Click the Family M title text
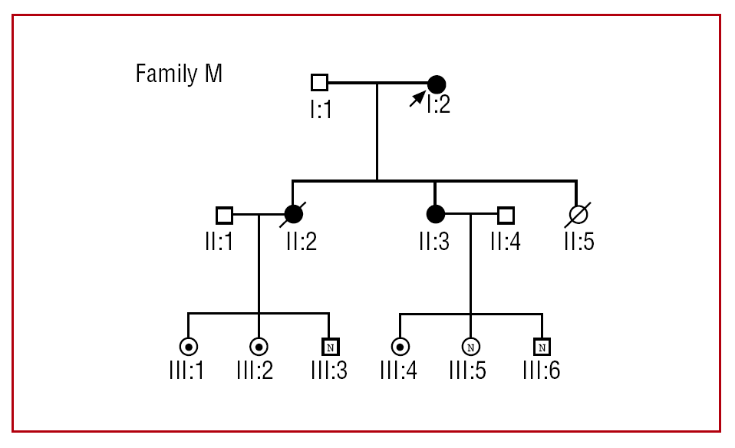pyautogui.click(x=179, y=74)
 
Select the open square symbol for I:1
pyautogui.click(x=319, y=83)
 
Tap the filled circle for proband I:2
pyautogui.click(x=436, y=83)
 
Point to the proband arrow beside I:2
pyautogui.click(x=417, y=97)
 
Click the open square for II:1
pyautogui.click(x=224, y=214)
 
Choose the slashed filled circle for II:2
pyautogui.click(x=293, y=214)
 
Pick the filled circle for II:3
pyautogui.click(x=435, y=214)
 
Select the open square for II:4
pyautogui.click(x=505, y=214)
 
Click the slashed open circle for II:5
pyautogui.click(x=576, y=214)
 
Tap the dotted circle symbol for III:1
pyautogui.click(x=187, y=346)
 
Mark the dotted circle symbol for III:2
pyautogui.click(x=258, y=346)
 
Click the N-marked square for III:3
pyautogui.click(x=329, y=346)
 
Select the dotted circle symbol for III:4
pyautogui.click(x=399, y=346)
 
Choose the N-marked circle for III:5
pyautogui.click(x=470, y=346)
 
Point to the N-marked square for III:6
pyautogui.click(x=542, y=346)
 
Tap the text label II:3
pyautogui.click(x=433, y=241)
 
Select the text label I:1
pyautogui.click(x=321, y=110)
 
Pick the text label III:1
pyautogui.click(x=186, y=371)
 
